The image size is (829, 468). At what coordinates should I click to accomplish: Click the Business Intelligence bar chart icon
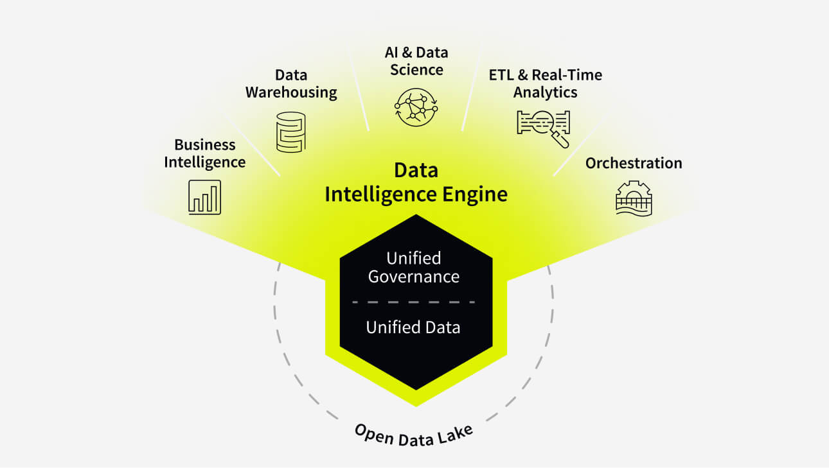click(204, 196)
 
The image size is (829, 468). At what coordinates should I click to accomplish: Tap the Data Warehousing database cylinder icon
click(290, 132)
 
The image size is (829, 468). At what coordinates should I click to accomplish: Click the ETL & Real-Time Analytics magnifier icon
click(544, 126)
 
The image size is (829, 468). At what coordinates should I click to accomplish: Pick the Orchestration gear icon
click(633, 198)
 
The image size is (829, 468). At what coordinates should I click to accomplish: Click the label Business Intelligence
click(204, 153)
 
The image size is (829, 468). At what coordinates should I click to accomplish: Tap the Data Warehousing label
click(291, 83)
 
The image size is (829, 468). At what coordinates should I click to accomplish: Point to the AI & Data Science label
click(416, 60)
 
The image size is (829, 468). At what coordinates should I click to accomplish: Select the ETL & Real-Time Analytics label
click(545, 83)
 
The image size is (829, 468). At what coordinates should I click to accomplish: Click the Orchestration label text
click(633, 163)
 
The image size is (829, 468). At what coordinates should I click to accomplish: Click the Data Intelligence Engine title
click(416, 182)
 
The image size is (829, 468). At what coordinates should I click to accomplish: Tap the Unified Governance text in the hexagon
click(413, 268)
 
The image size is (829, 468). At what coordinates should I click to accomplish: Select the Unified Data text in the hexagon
click(413, 327)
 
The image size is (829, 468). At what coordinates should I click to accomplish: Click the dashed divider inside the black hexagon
click(413, 301)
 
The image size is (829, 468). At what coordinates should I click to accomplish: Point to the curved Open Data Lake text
click(414, 437)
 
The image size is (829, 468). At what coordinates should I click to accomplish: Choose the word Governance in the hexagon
click(413, 277)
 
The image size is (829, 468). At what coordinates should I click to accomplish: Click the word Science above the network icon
click(416, 69)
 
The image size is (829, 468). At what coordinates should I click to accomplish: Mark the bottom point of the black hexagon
click(416, 388)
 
